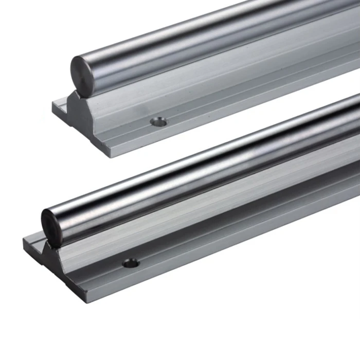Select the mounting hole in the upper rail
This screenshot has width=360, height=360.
coord(158,122)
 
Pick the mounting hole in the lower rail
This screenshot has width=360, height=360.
coord(131,263)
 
